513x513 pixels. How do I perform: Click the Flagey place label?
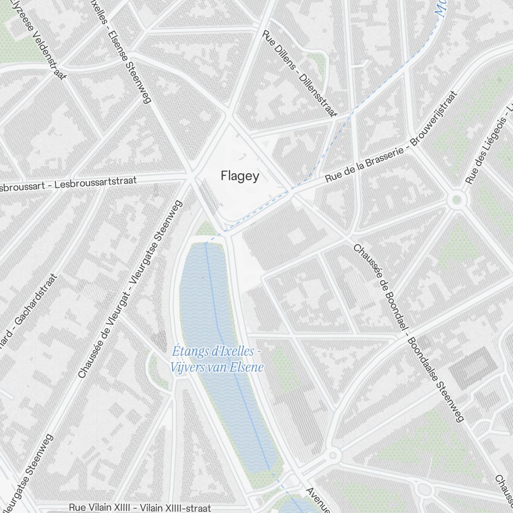coord(240,176)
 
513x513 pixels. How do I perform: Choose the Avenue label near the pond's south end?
coord(319,500)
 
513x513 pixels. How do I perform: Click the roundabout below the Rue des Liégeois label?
coord(455,201)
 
